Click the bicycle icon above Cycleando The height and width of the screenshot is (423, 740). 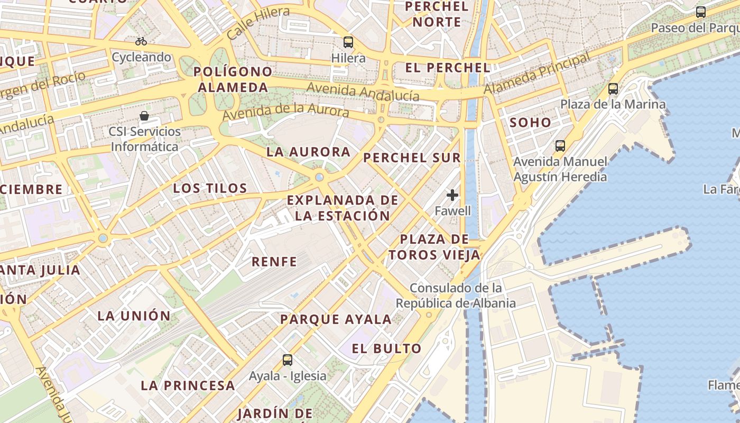(x=141, y=41)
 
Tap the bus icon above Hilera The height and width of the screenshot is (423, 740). (x=348, y=42)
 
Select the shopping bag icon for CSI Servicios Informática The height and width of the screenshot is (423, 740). (x=144, y=115)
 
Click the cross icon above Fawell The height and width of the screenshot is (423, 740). (x=452, y=195)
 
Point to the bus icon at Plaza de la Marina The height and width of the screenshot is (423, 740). (x=613, y=88)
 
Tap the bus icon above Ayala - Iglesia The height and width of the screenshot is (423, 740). (x=288, y=360)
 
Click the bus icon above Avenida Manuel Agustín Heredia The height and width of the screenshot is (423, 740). (x=560, y=145)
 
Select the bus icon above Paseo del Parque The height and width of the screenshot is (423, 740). (x=701, y=12)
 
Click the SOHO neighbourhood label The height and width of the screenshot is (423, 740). (x=530, y=123)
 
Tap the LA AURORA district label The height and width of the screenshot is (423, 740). (x=308, y=152)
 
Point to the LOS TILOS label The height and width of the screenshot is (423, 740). (x=210, y=188)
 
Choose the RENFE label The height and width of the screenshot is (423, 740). (x=274, y=261)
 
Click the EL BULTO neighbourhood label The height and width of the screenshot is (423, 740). (x=387, y=348)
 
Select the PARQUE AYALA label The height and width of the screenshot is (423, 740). (x=336, y=319)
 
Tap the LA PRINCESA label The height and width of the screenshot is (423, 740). (x=188, y=385)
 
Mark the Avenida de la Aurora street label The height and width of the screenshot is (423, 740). (x=285, y=111)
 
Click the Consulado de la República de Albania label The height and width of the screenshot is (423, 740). (x=456, y=296)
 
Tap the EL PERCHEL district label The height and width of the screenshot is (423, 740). (x=448, y=68)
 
